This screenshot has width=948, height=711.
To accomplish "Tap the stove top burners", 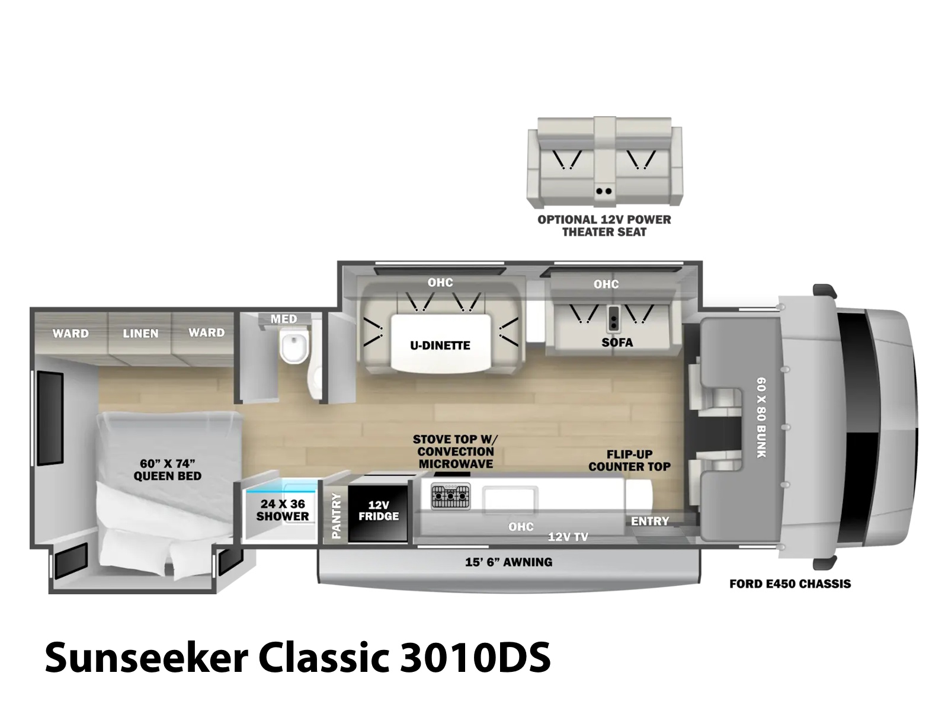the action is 450,496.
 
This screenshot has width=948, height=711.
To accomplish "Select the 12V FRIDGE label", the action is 379,510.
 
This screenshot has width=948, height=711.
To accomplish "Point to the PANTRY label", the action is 336,515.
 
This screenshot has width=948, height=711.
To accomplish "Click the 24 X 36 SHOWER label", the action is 283,510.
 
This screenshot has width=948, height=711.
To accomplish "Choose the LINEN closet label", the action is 140,333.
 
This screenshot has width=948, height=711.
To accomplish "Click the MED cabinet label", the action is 284,319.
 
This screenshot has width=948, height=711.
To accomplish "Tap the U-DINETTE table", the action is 441,342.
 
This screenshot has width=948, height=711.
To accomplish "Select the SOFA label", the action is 617,342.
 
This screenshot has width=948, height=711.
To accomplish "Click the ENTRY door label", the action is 649,521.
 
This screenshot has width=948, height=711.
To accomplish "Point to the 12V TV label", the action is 568,537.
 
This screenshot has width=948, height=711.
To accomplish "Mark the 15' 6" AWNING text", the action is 509,562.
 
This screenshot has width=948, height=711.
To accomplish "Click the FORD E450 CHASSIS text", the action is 790,584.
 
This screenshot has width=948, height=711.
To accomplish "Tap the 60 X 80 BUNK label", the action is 761,418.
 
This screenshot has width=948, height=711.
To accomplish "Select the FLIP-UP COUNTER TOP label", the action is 629,460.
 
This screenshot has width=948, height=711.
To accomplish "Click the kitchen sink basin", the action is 510,500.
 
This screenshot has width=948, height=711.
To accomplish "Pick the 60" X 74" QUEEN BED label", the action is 167,470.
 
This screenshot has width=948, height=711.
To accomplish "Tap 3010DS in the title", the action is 475,658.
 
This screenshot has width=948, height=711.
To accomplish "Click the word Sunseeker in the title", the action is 146,658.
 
